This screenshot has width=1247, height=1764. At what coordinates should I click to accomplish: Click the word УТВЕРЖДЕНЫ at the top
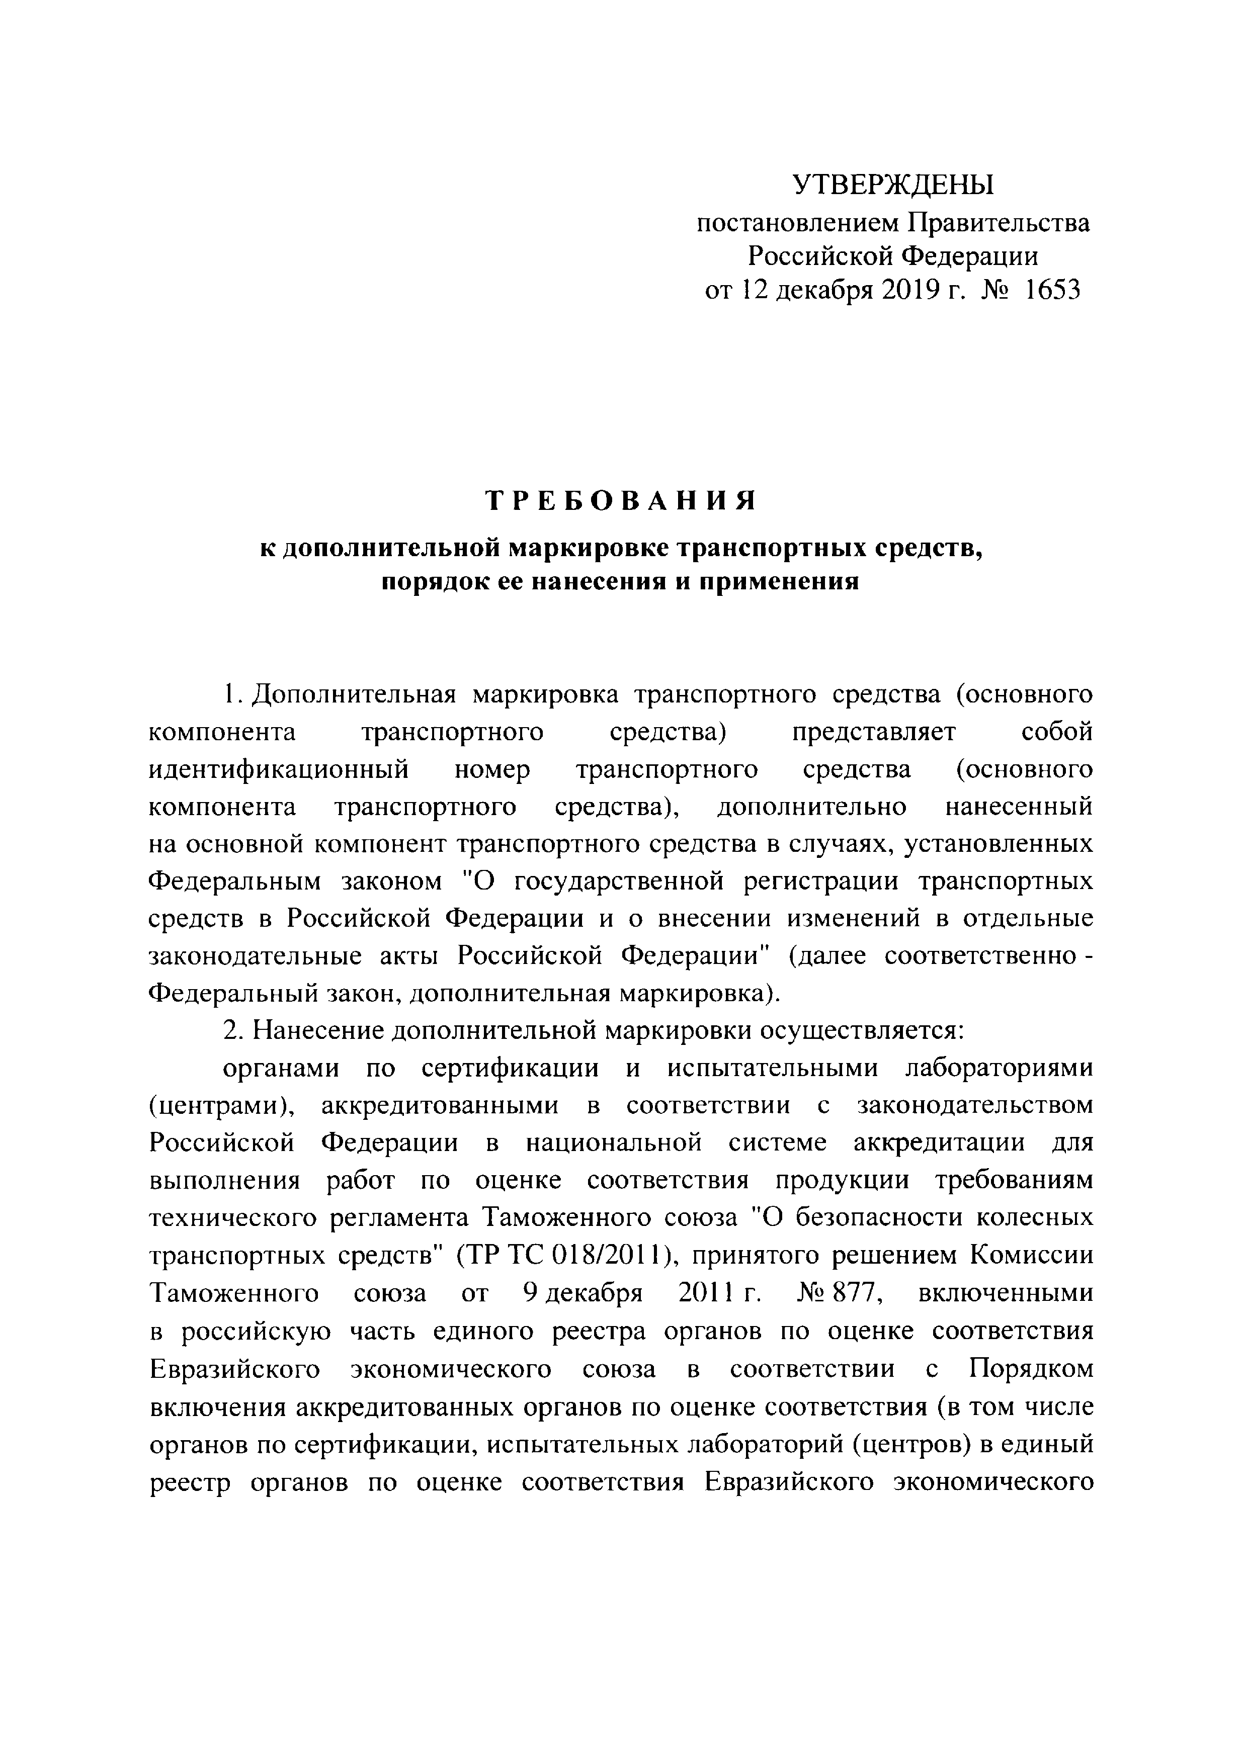pos(893,185)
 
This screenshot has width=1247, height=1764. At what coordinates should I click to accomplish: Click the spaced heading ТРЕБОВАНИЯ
pos(622,501)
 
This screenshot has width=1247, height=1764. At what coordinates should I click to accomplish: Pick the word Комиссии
pos(1031,1256)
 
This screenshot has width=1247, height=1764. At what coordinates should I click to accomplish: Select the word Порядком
pos(1030,1368)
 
